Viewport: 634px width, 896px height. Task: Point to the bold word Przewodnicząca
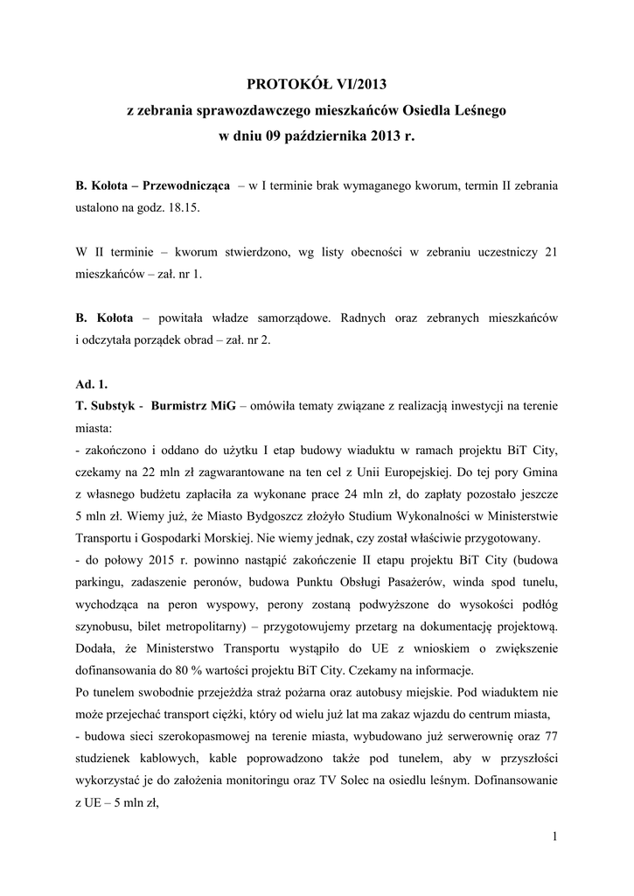click(186, 186)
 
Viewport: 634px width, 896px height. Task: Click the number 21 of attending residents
click(550, 252)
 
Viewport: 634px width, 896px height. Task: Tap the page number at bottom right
click(554, 837)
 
